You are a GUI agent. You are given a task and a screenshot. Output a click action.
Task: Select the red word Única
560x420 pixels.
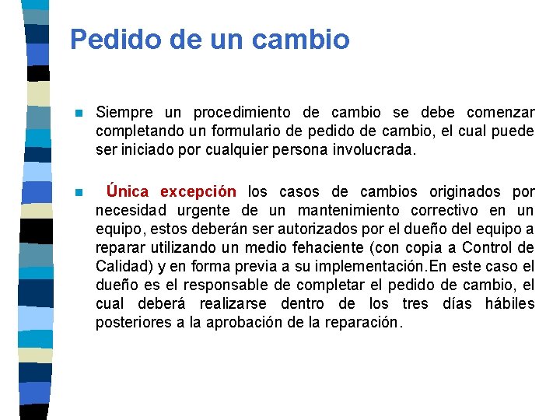[x=129, y=191]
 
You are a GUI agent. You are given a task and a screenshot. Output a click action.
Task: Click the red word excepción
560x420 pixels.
[x=198, y=191]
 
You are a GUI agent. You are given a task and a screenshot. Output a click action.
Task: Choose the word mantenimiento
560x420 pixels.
[x=339, y=210]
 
